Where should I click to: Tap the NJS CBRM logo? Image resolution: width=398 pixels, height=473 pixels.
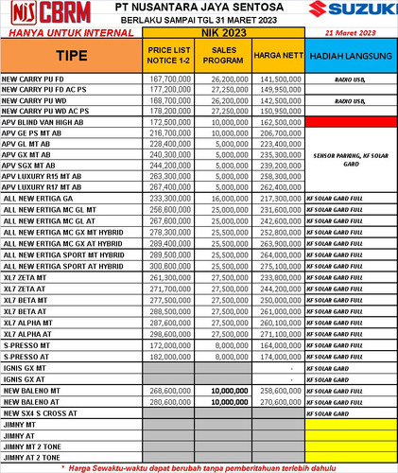point(43,14)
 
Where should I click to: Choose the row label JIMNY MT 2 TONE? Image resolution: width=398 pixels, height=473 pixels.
point(35,446)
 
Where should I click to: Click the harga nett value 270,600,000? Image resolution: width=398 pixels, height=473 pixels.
point(281,401)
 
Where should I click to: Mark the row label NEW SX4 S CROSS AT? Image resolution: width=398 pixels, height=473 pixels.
point(44,412)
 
